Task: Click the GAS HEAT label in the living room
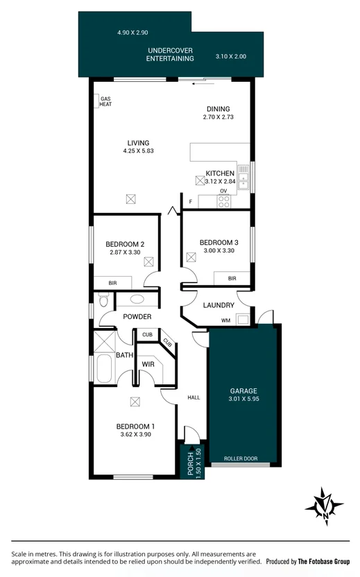click(x=105, y=101)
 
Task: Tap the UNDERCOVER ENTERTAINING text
click(x=169, y=55)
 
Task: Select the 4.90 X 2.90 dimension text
click(x=132, y=32)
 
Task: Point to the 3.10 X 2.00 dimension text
click(x=230, y=56)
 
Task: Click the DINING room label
click(x=218, y=109)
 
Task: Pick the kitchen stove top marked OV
click(x=224, y=200)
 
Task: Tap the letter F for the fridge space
click(x=190, y=202)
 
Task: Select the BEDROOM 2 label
click(x=125, y=244)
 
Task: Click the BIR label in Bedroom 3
click(x=232, y=278)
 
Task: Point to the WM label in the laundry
click(x=225, y=320)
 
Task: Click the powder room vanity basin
click(x=137, y=300)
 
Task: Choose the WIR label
click(x=148, y=364)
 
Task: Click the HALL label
click(x=194, y=397)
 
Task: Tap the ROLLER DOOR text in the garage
click(x=242, y=458)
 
